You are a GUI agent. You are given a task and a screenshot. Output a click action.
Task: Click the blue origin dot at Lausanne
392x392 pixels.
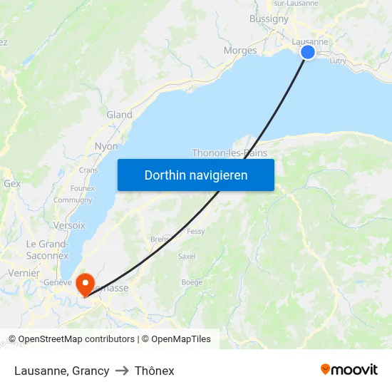[x=308, y=52]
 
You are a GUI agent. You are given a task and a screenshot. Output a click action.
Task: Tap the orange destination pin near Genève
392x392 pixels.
[x=86, y=284]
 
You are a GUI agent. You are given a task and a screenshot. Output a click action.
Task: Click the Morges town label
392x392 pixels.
[x=239, y=50]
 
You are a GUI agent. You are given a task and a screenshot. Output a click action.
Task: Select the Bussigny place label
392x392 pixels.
[x=269, y=19]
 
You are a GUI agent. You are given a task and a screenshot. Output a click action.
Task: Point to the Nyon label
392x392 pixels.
[x=106, y=146]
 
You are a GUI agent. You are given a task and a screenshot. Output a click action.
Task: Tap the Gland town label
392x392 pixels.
[x=119, y=114]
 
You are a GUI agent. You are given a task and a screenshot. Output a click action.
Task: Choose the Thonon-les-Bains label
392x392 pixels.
[x=229, y=153]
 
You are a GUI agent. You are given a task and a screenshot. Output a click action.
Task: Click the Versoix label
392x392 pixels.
[x=69, y=225]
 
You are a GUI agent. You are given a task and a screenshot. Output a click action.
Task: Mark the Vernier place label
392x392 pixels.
[x=24, y=273]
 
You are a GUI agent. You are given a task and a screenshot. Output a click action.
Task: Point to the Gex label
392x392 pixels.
[x=12, y=183]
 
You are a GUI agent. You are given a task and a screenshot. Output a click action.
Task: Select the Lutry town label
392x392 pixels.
[x=338, y=61]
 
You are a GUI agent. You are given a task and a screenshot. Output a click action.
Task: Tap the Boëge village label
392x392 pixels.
[x=192, y=282]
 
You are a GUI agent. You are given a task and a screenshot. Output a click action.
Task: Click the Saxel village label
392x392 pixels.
[x=187, y=256]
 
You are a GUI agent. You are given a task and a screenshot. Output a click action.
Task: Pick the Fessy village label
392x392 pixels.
[x=195, y=232]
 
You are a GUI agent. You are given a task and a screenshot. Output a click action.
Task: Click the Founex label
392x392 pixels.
[x=82, y=188]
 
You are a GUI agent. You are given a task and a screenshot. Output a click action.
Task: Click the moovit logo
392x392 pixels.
[x=349, y=369]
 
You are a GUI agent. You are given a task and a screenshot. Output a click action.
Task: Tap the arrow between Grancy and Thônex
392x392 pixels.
[x=122, y=371]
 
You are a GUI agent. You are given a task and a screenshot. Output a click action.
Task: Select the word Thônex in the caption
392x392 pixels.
[x=154, y=371]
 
